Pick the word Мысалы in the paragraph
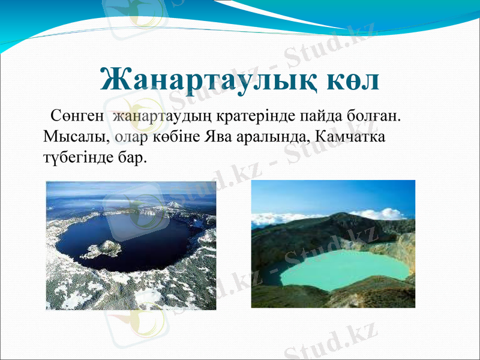coord(77,136)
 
